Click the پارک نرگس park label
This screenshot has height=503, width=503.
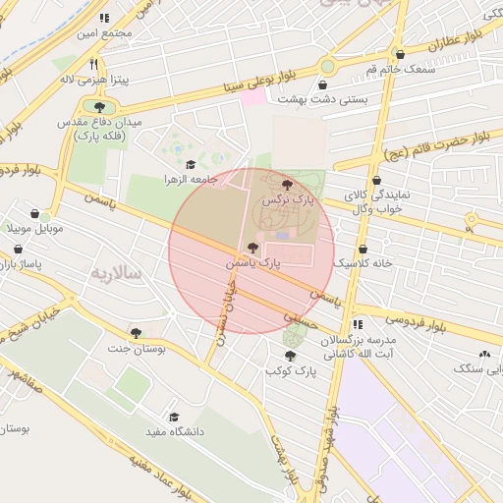[286, 199]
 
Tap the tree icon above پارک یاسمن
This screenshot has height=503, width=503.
[252, 249]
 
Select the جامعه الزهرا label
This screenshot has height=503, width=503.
[190, 180]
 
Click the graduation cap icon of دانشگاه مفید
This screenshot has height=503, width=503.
[175, 417]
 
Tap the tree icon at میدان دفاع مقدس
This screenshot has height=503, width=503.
[99, 106]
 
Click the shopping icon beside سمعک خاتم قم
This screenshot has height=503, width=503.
[399, 55]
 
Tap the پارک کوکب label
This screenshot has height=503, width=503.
[290, 372]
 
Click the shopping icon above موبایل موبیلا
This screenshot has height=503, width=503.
[35, 213]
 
